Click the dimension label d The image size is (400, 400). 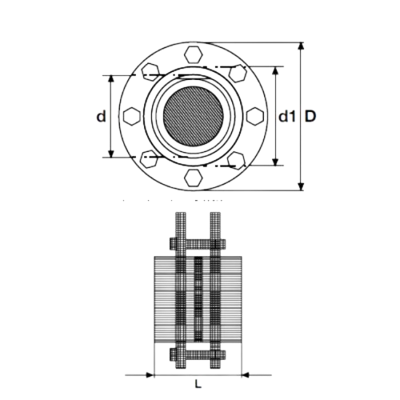pos(100,117)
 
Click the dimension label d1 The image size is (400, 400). pos(287,117)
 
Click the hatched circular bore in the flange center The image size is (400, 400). pos(194,117)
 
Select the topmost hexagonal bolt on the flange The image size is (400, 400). pos(194,56)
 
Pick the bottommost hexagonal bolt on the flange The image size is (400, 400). pos(194,176)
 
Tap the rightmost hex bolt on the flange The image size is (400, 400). pos(254,117)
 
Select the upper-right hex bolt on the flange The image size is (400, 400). pos(239,74)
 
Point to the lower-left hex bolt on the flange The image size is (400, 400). pos(149,160)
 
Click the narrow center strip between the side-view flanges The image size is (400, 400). pos(198,300)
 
